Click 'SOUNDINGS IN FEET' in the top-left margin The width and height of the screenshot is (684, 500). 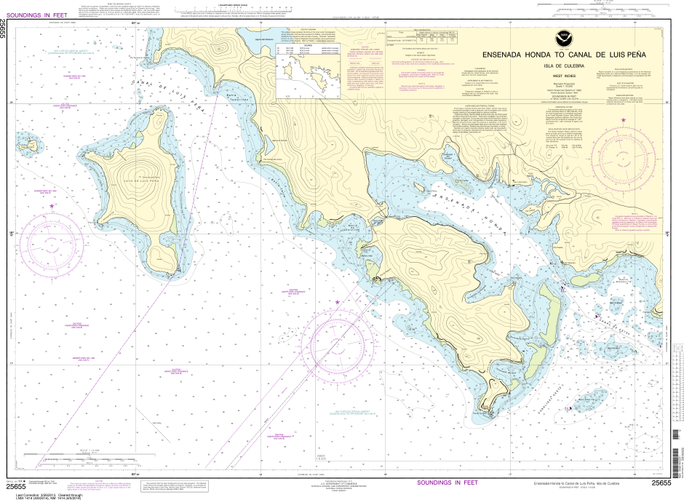point(36,16)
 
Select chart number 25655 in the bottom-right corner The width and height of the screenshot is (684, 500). point(661,483)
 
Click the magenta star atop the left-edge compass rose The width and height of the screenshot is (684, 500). point(51,207)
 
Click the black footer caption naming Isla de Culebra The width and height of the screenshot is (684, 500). point(576,483)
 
